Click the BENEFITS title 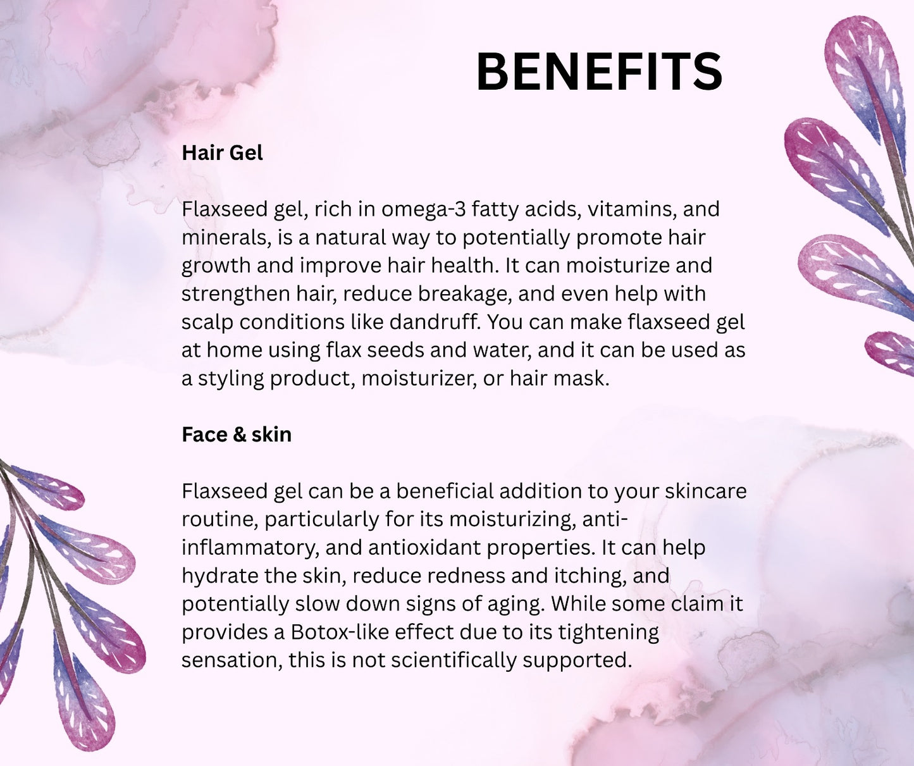point(599,71)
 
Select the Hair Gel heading point(223,153)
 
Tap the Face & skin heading point(237,435)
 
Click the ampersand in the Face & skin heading point(239,435)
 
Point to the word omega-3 point(423,209)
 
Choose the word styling point(231,379)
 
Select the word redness point(466,576)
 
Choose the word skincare point(706,491)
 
